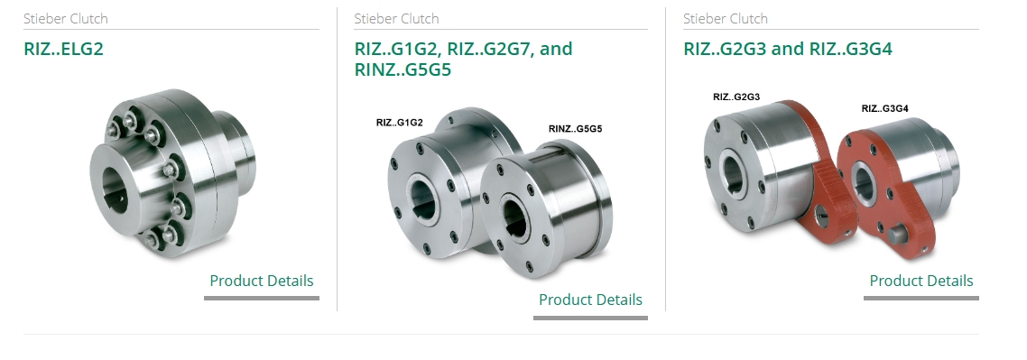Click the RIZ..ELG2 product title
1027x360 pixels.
pyautogui.click(x=63, y=49)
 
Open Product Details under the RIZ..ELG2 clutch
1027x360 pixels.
pyautogui.click(x=262, y=281)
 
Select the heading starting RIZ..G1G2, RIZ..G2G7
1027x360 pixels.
pyautogui.click(x=463, y=59)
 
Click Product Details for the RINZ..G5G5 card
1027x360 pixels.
pyautogui.click(x=590, y=300)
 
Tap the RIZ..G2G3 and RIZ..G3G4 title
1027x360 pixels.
pyautogui.click(x=787, y=49)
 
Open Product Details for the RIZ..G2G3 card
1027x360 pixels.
pyautogui.click(x=921, y=281)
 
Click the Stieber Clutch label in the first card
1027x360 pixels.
pyautogui.click(x=66, y=18)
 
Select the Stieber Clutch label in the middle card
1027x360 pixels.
pyautogui.click(x=396, y=18)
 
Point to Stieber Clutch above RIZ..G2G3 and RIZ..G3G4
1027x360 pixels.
pyautogui.click(x=725, y=18)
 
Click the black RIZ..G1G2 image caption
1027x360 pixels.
pyautogui.click(x=400, y=123)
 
